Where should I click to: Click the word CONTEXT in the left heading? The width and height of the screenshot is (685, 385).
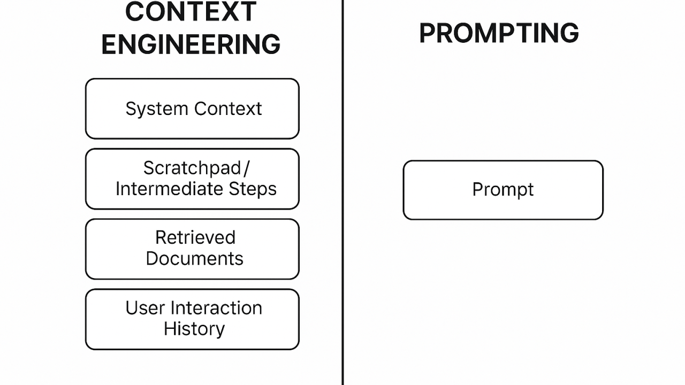point(191,12)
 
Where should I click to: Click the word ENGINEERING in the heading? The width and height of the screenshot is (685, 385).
point(191,44)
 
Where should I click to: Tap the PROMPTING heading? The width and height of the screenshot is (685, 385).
point(499,33)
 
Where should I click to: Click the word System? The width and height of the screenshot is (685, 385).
point(157,109)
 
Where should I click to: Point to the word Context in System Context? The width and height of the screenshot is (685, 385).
point(228,109)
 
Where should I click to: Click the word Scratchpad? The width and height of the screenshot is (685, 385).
point(192,168)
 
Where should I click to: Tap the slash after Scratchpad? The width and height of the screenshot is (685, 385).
point(247,168)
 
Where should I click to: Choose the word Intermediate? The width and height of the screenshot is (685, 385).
point(169,189)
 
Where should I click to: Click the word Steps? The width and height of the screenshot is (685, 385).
point(253,189)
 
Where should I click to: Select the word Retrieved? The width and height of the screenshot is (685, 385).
point(195,237)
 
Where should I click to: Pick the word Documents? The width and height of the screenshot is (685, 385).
point(195,258)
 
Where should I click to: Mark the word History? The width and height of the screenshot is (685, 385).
point(194,329)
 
